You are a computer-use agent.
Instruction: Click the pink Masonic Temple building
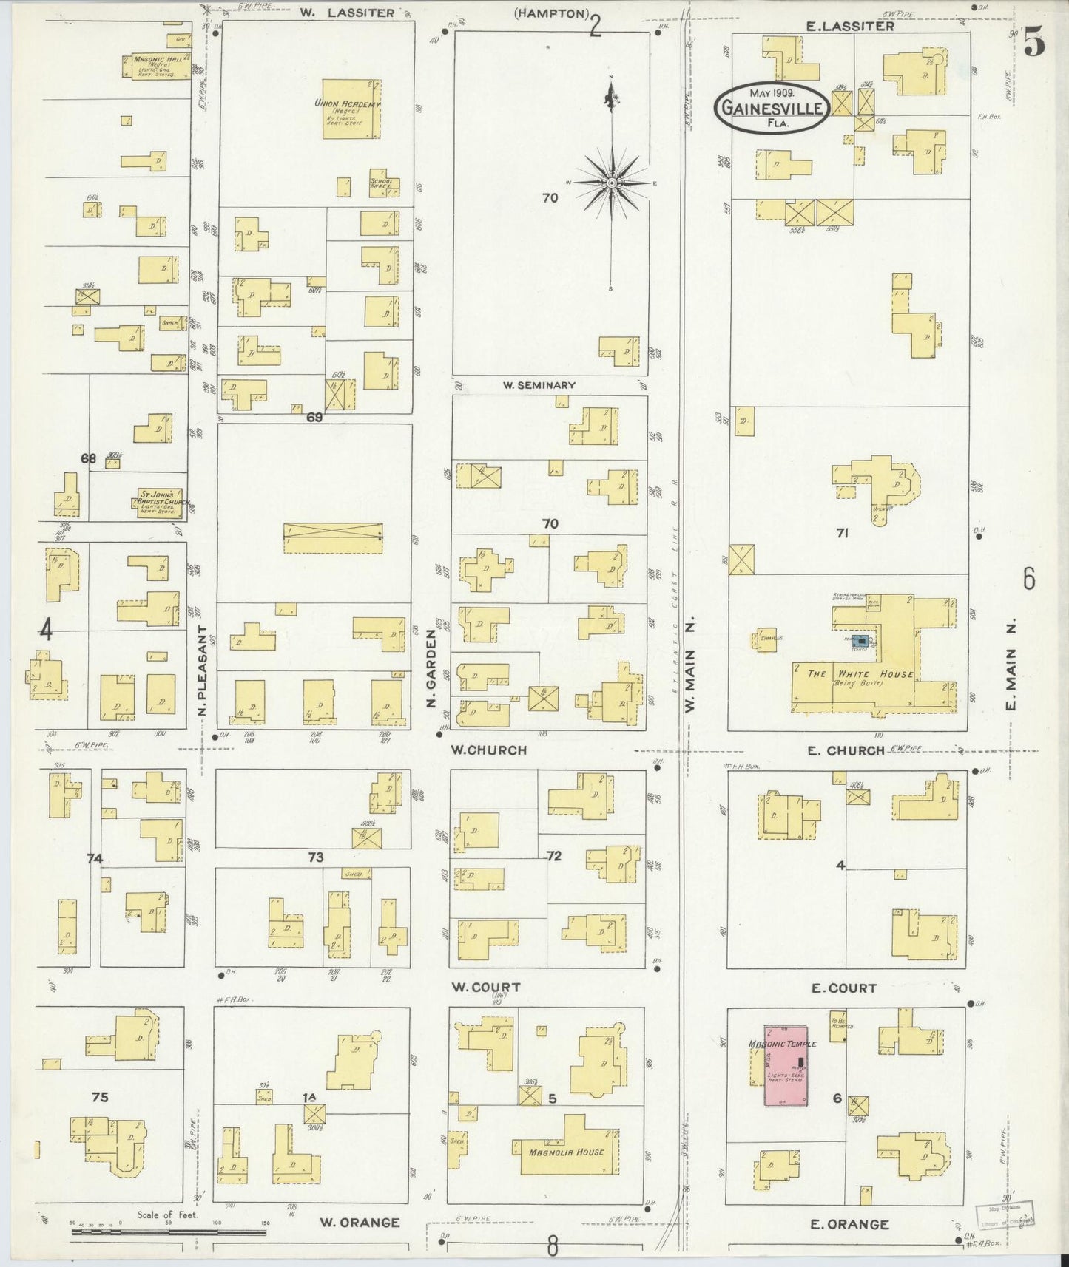[786, 1065]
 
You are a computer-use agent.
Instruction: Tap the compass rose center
[612, 182]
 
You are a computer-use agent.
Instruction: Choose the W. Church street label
[489, 750]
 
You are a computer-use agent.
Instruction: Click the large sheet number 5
[1035, 46]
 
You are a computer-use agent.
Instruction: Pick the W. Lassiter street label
[347, 13]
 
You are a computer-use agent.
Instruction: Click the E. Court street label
[843, 988]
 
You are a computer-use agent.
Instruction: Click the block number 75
[100, 1097]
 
